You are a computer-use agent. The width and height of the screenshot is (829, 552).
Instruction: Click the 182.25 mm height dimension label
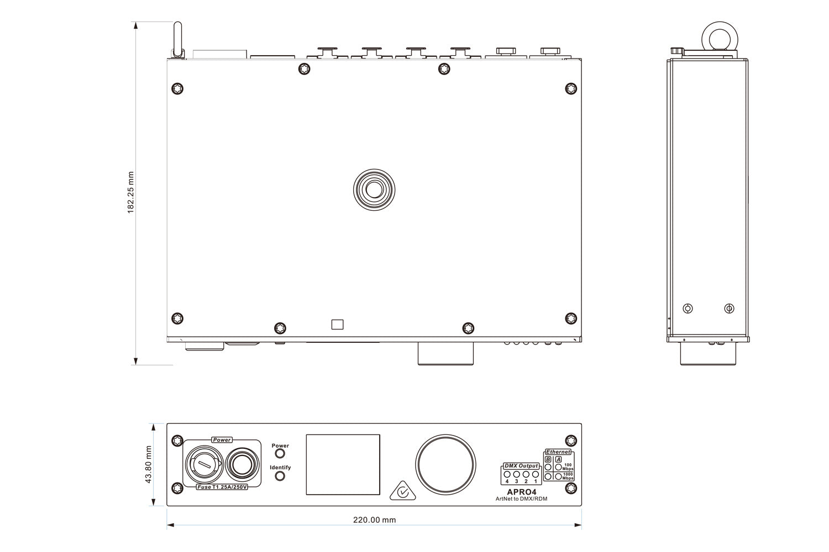(131, 193)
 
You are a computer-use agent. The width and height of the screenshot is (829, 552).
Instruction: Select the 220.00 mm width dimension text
(374, 520)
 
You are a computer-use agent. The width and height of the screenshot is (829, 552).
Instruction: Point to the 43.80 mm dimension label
(148, 465)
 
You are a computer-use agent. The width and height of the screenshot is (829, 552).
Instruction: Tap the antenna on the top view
(177, 39)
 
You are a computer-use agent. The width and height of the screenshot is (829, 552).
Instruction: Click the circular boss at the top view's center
(374, 189)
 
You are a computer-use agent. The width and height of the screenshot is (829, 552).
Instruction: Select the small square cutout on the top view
(337, 325)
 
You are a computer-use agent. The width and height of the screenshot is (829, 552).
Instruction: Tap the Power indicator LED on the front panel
(280, 454)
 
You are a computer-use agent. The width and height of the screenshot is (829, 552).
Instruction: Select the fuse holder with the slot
(203, 464)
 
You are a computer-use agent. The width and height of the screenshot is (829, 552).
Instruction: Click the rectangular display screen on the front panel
(343, 464)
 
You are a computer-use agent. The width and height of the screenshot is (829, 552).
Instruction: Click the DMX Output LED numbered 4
(507, 474)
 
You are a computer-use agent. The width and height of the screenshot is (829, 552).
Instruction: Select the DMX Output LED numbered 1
(535, 474)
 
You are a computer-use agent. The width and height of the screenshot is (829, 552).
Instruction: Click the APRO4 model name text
(521, 492)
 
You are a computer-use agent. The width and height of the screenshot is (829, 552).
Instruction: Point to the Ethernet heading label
(558, 452)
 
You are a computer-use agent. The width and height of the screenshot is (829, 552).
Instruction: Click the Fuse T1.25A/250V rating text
(222, 487)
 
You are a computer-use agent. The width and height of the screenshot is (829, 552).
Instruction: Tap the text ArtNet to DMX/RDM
(521, 499)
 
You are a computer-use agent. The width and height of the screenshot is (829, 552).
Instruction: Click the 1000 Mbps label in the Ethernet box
(568, 476)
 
